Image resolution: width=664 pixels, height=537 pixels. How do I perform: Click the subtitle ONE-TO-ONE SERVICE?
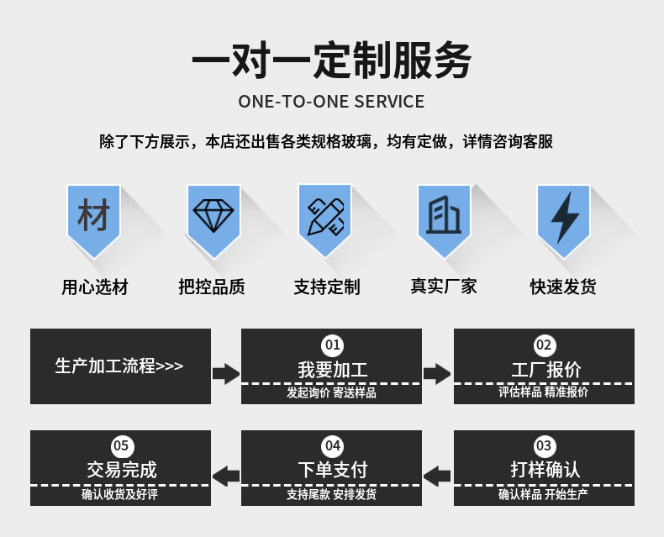point(331,102)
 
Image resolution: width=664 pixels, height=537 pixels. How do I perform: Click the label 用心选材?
point(95,287)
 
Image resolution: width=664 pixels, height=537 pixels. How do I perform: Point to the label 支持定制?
point(327,287)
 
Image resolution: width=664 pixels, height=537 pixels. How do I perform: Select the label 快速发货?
point(563,287)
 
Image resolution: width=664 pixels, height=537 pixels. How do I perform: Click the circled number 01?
point(332,345)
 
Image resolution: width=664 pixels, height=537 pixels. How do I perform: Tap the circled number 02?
point(544,345)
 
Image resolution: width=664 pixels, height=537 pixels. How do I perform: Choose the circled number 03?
point(544,445)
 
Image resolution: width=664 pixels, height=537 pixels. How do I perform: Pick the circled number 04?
point(332,445)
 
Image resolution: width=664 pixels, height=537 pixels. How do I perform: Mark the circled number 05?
point(120,445)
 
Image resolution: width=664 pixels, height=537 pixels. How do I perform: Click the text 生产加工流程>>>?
point(119,366)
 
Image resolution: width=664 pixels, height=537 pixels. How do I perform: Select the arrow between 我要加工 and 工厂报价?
point(437,374)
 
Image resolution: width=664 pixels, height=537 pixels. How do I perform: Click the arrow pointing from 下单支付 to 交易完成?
point(225,476)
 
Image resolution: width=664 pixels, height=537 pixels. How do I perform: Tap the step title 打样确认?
point(545,469)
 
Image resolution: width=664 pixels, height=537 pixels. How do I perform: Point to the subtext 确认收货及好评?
point(119,494)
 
